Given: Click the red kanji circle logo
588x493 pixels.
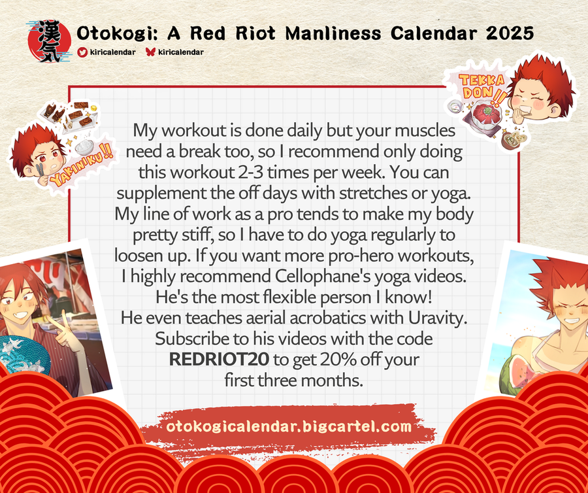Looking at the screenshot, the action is pos(49,41).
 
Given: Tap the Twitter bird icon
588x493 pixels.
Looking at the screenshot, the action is pos(82,52).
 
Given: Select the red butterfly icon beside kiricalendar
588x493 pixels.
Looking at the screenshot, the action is pos(150,52).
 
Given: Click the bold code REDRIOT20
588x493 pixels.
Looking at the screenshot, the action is pos(219,360).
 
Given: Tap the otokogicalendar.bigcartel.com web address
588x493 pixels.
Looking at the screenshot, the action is pos(289,426).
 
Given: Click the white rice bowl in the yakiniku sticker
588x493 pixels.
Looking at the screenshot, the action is pos(84,146).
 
